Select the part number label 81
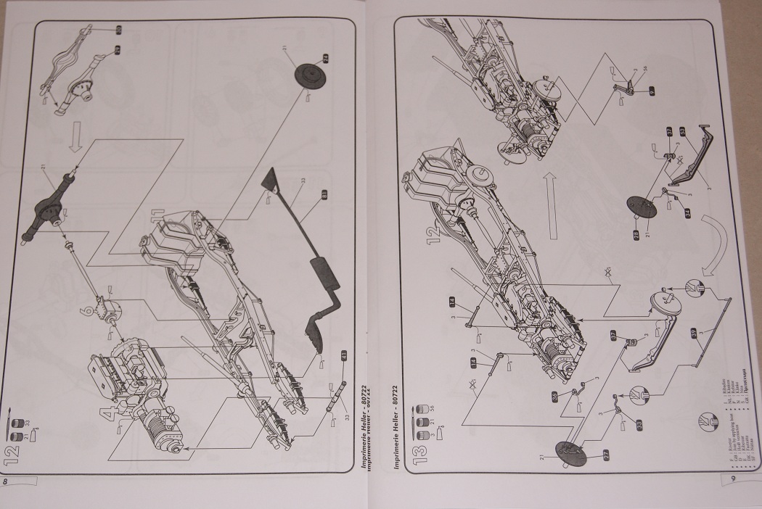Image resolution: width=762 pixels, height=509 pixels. click(324, 194)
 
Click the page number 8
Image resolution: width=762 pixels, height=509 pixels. click(6, 481)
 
